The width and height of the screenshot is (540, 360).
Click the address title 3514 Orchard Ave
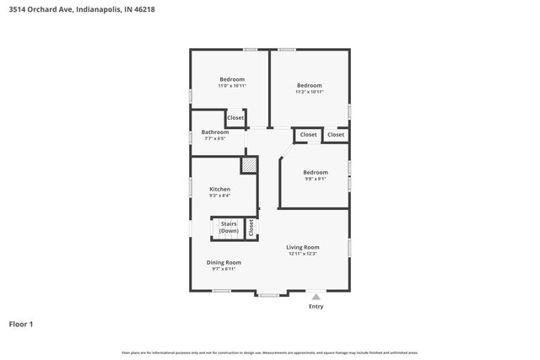tap(81, 10)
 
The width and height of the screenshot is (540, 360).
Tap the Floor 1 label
tap(21, 324)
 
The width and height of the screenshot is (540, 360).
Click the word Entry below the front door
tap(316, 306)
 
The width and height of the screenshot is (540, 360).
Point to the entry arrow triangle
tap(316, 298)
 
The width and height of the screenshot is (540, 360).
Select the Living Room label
tap(303, 247)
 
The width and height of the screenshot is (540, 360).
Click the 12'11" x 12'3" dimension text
tap(303, 254)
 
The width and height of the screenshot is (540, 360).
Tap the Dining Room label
tap(224, 262)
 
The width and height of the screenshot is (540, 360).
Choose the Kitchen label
tap(220, 189)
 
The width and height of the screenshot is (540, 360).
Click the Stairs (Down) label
tap(229, 228)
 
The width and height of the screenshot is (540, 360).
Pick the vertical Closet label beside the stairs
tap(251, 228)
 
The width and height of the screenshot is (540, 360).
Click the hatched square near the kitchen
tap(249, 165)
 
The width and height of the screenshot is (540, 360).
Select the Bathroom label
tap(215, 132)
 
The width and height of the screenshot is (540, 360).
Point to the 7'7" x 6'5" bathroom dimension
tap(215, 139)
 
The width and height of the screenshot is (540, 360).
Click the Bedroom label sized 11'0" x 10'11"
tap(232, 79)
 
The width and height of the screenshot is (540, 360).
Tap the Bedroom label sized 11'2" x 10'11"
tap(309, 84)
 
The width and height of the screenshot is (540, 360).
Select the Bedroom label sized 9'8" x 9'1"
tap(316, 172)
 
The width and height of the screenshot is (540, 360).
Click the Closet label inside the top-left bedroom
tap(235, 118)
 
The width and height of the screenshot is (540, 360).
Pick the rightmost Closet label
tap(336, 135)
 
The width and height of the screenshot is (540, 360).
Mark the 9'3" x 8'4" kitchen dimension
tap(220, 196)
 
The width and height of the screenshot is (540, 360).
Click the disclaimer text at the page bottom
tap(269, 352)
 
